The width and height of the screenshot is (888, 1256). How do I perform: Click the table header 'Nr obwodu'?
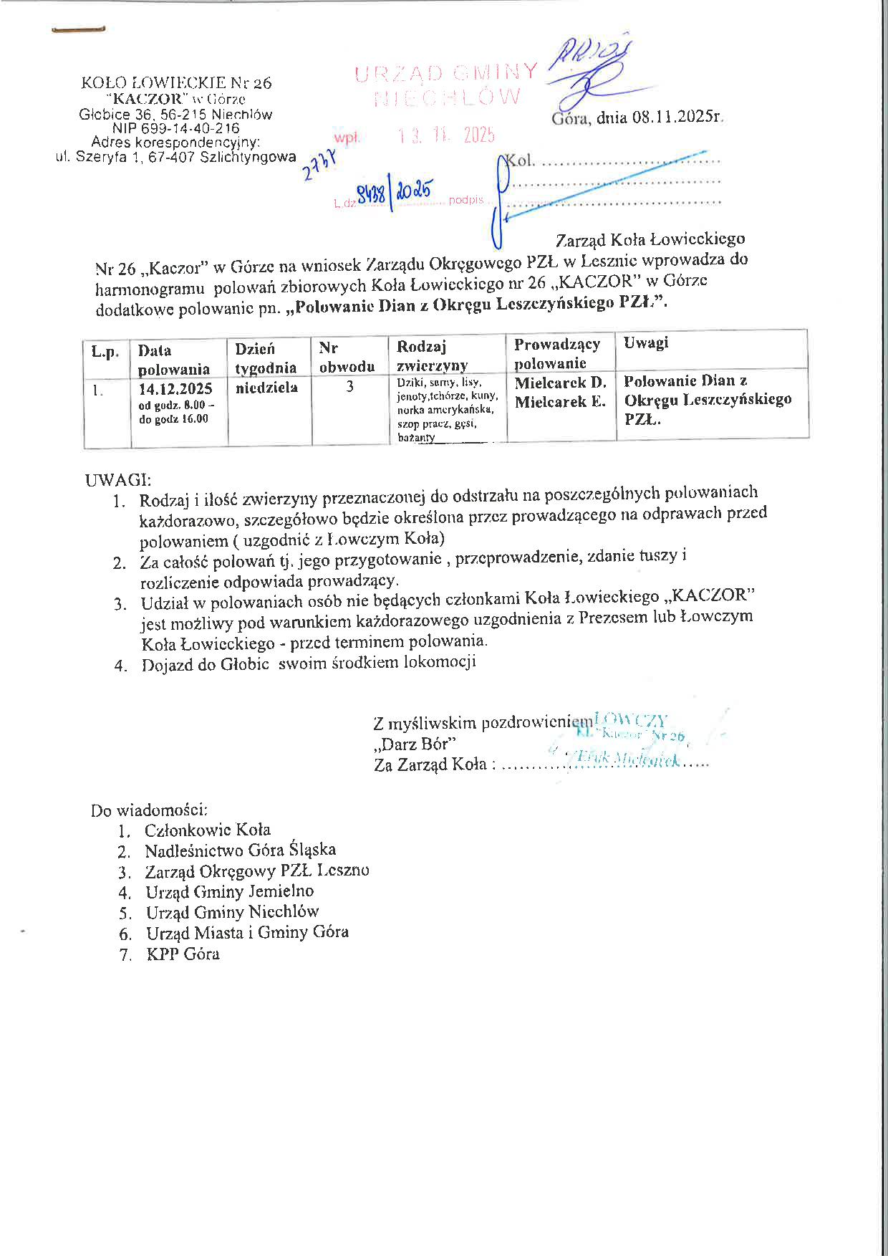(347, 357)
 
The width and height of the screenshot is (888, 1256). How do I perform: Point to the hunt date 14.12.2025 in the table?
(175, 389)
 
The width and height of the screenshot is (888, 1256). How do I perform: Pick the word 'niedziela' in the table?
(266, 388)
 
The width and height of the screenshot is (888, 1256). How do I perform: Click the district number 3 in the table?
(349, 387)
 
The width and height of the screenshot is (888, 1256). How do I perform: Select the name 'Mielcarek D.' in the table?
(560, 383)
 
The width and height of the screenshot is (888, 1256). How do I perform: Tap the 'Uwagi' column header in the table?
(646, 342)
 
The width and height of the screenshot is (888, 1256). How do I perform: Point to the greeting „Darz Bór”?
(415, 744)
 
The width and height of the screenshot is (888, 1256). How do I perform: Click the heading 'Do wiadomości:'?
(149, 810)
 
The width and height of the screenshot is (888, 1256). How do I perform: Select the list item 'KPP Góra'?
(183, 954)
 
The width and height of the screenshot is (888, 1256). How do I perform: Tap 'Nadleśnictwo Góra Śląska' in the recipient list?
(240, 850)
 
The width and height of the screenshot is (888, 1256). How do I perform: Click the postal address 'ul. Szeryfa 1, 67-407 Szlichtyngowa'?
(176, 157)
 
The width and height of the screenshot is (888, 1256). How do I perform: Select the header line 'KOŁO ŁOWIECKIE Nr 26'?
(177, 83)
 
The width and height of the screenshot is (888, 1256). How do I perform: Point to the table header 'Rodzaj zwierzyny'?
(432, 355)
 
